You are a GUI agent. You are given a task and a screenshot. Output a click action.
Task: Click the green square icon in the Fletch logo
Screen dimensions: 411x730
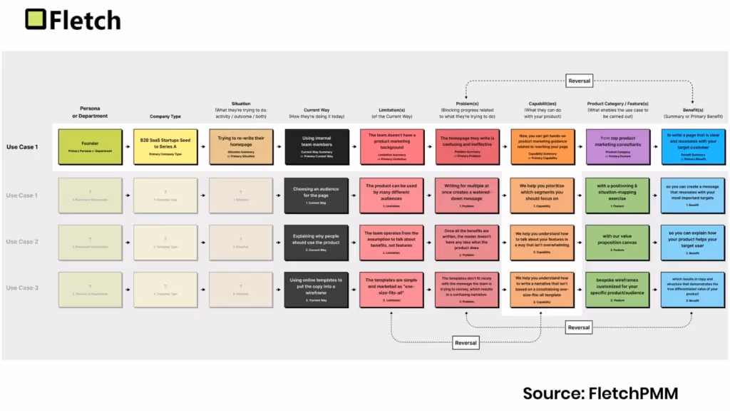[x=36, y=19]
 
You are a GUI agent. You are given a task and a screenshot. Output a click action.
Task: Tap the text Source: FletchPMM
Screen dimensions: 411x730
[x=600, y=393]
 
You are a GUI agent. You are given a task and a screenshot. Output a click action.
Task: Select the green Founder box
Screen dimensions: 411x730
[x=90, y=146]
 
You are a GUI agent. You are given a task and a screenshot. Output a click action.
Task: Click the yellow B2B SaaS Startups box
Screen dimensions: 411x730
[x=165, y=146]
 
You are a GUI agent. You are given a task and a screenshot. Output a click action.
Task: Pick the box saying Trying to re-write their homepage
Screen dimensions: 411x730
[x=241, y=146]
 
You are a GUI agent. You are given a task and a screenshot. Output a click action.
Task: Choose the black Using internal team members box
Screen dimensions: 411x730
[x=317, y=146]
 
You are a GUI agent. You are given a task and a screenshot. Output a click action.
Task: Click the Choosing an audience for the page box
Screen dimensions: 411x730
[x=317, y=196]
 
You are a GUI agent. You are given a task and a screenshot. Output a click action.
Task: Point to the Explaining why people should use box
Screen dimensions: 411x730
[x=317, y=242]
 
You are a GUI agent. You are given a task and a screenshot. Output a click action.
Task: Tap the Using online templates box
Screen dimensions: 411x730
[x=317, y=288]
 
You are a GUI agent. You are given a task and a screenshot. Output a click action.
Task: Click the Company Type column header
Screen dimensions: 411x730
[x=165, y=116]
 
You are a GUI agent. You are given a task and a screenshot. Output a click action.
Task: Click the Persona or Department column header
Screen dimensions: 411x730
[x=90, y=112]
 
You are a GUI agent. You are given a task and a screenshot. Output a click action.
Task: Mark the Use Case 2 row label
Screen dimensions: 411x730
[x=22, y=242]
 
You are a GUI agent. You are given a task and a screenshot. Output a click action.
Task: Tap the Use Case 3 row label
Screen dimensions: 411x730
[x=22, y=288]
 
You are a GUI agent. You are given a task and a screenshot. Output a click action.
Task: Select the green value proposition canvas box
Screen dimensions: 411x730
[x=617, y=242]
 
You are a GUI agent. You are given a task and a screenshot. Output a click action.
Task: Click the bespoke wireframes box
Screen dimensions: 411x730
[x=617, y=288]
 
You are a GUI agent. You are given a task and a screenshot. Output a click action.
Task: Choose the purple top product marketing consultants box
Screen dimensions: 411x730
[x=617, y=146]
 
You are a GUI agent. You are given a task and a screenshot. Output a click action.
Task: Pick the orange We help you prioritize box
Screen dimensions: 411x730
[x=542, y=196]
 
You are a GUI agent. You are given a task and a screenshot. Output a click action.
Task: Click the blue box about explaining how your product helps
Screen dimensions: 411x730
[x=692, y=242]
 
